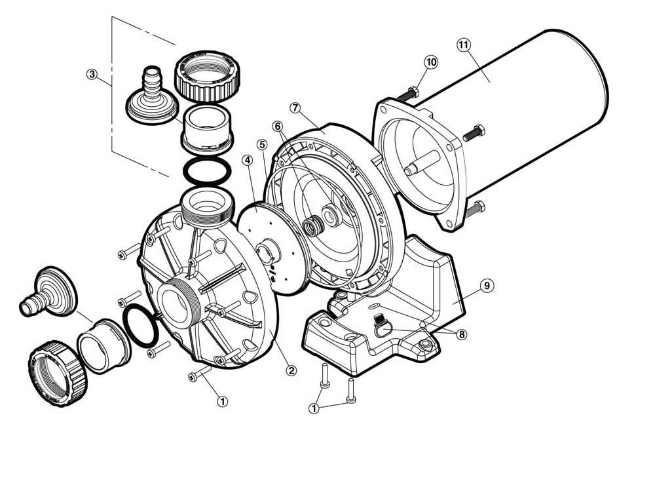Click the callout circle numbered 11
click(464, 45)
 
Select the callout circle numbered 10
click(431, 62)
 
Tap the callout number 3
click(92, 75)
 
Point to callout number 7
click(295, 107)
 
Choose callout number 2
click(291, 370)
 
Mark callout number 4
click(248, 160)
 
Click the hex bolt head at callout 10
click(413, 92)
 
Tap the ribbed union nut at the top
click(206, 77)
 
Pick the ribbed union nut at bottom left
click(58, 374)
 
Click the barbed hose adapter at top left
click(152, 97)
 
